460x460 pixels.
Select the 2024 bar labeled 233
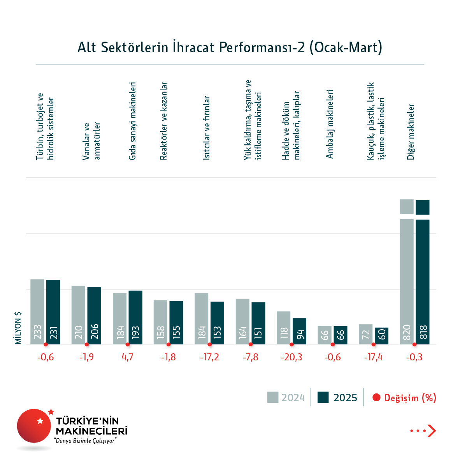37,311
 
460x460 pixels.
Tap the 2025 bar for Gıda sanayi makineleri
135,317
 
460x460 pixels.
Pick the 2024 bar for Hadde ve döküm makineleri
284,328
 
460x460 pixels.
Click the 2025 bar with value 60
381,335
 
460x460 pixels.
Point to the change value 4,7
127,357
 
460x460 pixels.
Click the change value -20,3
291,357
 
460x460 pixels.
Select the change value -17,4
373,357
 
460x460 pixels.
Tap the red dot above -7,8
251,344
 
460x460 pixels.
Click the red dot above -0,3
414,344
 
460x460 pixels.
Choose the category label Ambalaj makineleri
330,124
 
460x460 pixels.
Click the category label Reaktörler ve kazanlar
164,121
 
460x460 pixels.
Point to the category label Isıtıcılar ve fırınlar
207,128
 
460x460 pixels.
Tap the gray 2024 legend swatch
273,397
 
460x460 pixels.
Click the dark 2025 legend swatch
323,397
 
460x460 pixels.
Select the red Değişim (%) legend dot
376,397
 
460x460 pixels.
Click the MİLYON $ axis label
18,328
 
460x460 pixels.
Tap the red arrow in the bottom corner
431,431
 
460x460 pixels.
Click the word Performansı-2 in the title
262,47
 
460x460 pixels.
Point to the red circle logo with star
34,426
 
